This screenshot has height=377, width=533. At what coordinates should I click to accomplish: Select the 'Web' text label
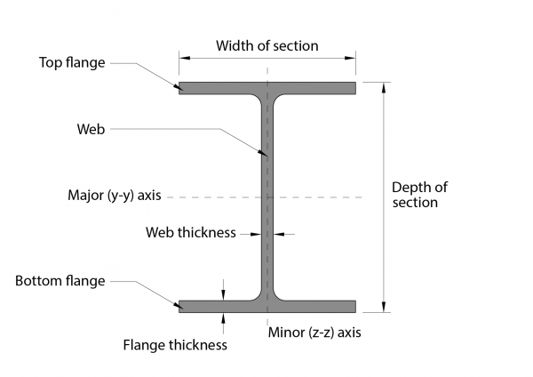click(x=91, y=130)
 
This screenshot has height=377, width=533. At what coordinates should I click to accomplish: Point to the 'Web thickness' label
click(x=190, y=233)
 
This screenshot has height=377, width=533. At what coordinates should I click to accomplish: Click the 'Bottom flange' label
click(x=60, y=281)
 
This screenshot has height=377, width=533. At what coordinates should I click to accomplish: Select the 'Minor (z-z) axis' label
click(x=315, y=332)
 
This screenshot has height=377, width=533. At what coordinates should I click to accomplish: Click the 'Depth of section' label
click(x=415, y=195)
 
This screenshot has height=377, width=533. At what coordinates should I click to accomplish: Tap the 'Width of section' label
click(x=267, y=45)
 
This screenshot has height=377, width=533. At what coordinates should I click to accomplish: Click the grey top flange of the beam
click(x=222, y=88)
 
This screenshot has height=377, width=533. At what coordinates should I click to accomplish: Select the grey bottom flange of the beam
click(x=222, y=307)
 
